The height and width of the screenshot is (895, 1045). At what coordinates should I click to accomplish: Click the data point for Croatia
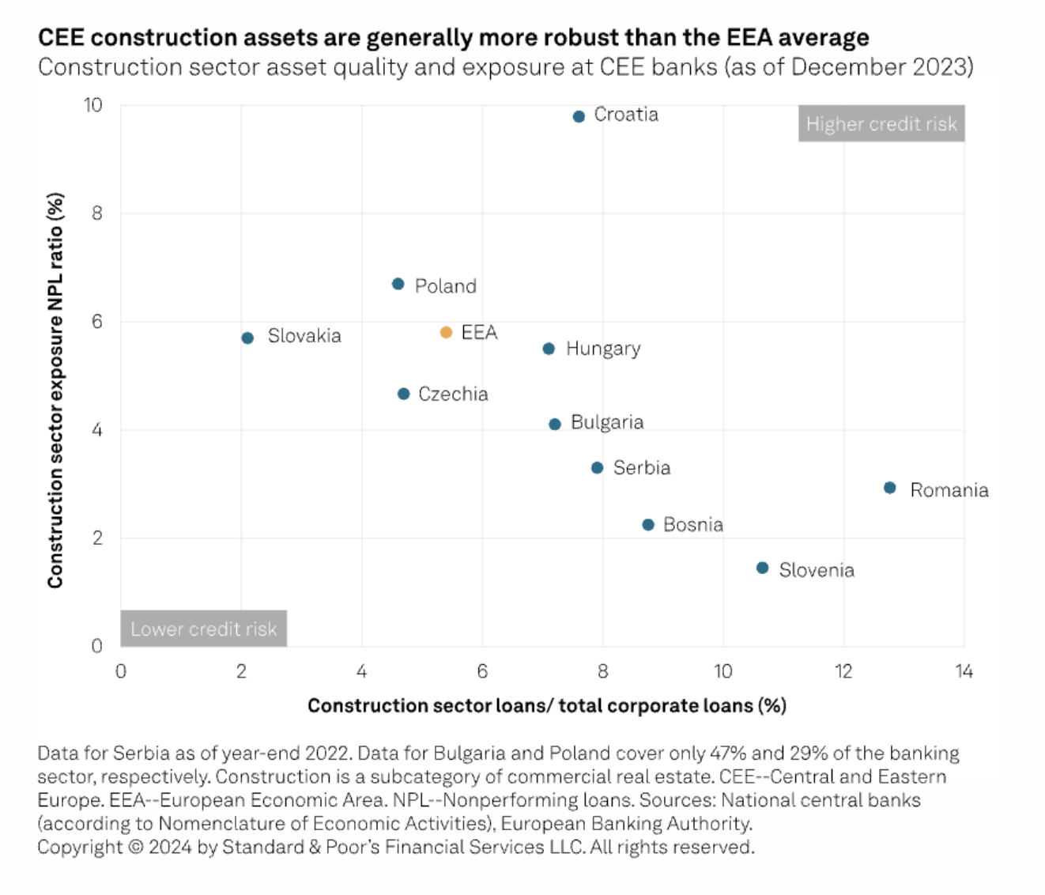579,116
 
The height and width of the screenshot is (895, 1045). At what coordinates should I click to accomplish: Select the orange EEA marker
446,332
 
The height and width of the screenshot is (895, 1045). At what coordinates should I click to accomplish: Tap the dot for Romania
889,488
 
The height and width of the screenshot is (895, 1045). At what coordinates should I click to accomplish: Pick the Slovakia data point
247,338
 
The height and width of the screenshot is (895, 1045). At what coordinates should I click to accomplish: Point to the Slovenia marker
762,568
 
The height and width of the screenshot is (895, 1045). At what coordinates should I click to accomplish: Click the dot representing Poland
398,284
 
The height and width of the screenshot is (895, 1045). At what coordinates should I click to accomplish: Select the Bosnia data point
648,524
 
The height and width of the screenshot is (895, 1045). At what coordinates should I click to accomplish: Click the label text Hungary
603,349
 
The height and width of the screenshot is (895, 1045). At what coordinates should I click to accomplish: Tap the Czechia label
453,394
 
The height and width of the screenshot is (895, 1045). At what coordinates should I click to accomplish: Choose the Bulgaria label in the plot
607,422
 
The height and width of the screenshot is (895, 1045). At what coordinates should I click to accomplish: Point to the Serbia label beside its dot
642,468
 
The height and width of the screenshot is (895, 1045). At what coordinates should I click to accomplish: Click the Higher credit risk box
881,123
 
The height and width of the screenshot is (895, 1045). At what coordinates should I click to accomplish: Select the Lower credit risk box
203,629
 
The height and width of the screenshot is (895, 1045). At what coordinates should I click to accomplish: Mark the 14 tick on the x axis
964,671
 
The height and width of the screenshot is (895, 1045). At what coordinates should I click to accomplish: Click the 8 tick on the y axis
96,213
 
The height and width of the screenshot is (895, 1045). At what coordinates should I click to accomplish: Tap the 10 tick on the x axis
722,671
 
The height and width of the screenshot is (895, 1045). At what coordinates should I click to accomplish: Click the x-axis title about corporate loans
546,705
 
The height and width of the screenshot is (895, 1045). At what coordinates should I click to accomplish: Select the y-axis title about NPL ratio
55,391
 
